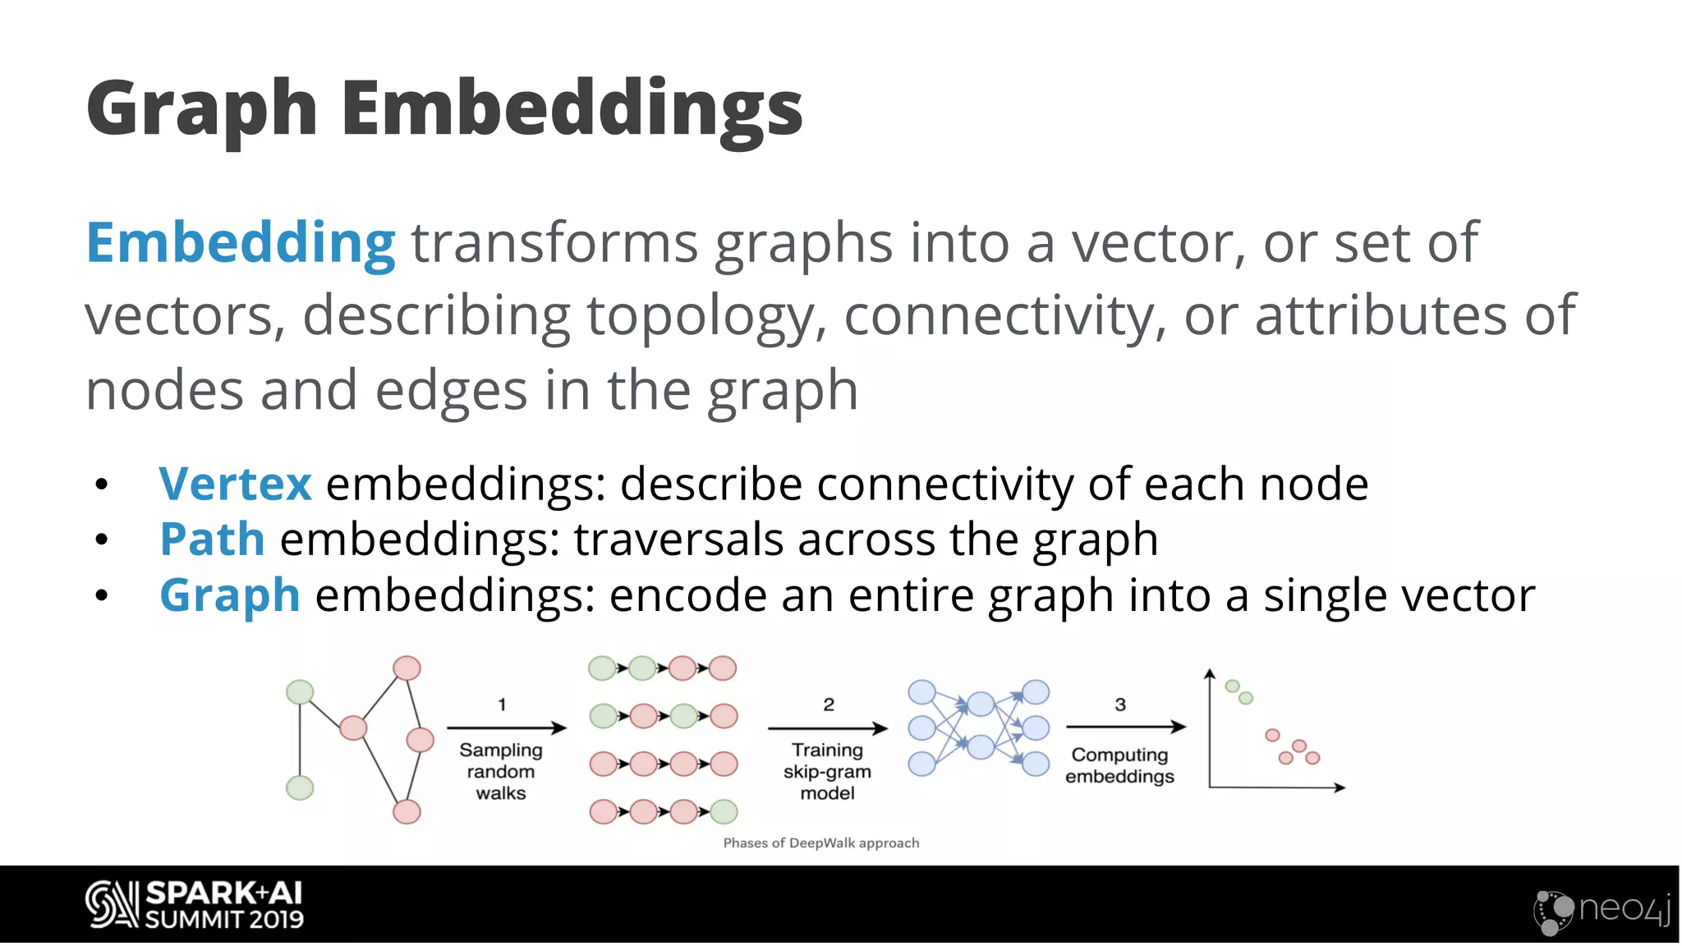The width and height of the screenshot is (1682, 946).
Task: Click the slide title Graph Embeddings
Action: coord(443,108)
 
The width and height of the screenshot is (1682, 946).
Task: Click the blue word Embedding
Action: coord(241,244)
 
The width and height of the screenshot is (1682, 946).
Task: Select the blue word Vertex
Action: coord(235,484)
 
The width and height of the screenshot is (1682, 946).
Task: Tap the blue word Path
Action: coord(212,540)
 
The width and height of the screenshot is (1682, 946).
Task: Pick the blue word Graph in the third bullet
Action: coord(229,595)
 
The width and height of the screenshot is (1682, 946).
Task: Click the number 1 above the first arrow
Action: coord(502,705)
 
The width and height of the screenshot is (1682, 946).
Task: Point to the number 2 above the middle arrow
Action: coord(829,705)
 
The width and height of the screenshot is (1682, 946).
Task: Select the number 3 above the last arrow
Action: coord(1120,705)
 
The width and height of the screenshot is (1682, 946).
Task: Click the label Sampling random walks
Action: coord(501,772)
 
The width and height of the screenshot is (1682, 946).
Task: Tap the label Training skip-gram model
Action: coord(827,772)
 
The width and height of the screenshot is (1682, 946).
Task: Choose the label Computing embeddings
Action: coord(1119,765)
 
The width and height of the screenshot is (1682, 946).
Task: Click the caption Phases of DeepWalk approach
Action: coord(821,843)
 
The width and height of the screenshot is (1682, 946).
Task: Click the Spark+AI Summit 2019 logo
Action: coord(195,905)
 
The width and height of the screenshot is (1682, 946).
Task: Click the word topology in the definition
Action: coord(700,316)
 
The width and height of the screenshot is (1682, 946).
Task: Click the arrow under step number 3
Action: coord(1126,727)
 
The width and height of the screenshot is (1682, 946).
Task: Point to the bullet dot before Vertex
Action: coord(101,485)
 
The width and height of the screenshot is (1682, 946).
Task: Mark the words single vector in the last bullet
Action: coord(1399,595)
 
